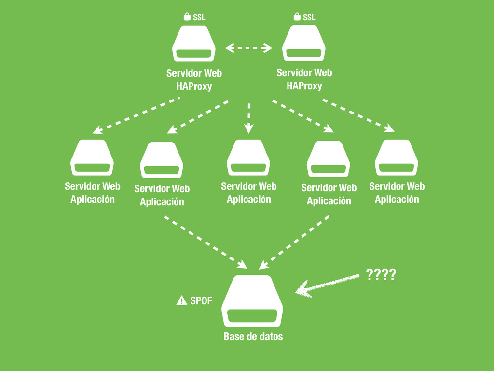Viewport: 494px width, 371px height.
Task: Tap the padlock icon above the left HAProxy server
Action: (187, 17)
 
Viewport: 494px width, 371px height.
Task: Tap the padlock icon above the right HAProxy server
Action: (297, 17)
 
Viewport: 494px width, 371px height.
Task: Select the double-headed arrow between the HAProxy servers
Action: (249, 48)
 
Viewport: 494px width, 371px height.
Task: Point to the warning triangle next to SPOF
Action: (181, 301)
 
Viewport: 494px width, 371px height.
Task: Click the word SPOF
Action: (201, 301)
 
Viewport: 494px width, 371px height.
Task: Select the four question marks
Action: (381, 275)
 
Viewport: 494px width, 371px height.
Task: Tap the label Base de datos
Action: (253, 337)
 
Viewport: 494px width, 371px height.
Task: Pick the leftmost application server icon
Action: (92, 157)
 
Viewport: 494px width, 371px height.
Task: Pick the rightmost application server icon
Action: (396, 157)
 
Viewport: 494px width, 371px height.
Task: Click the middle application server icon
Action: (248, 157)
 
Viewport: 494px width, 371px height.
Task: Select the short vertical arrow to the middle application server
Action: (249, 117)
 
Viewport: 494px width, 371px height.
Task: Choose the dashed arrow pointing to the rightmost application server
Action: (358, 115)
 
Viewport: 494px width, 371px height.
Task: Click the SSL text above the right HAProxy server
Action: (309, 17)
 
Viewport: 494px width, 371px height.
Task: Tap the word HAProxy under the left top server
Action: (194, 87)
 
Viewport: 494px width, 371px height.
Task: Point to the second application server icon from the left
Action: (162, 160)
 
